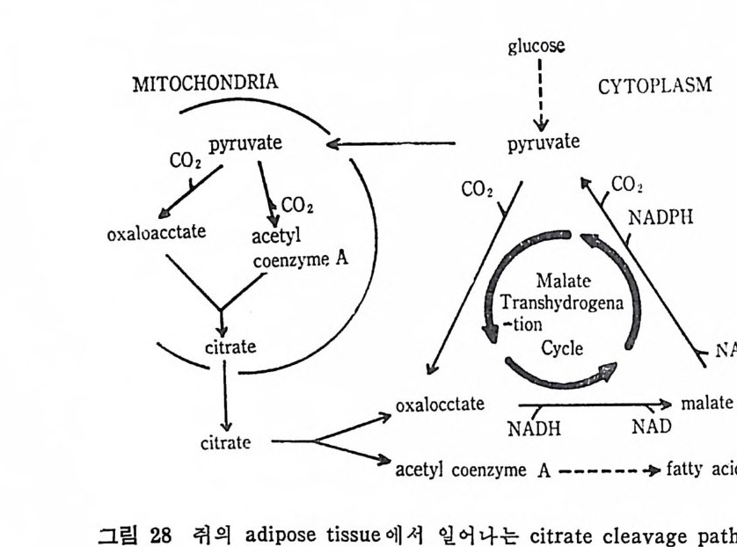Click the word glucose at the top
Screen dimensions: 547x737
[536, 47]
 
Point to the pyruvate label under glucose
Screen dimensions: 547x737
[544, 143]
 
